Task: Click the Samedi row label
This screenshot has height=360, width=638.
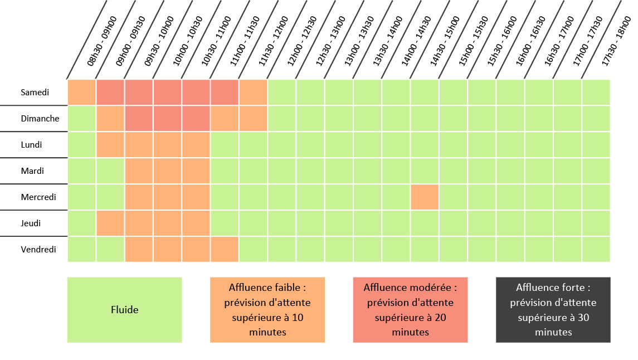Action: (35, 93)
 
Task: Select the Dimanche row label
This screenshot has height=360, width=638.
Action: (40, 119)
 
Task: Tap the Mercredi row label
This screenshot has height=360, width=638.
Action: (38, 197)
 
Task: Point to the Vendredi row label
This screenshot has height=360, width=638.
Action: (38, 250)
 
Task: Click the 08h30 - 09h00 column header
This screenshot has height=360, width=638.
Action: (101, 42)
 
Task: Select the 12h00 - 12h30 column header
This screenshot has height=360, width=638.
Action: (302, 42)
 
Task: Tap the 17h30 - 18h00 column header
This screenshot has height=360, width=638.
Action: (616, 42)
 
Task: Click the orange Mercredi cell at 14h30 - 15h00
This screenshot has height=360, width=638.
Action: (425, 197)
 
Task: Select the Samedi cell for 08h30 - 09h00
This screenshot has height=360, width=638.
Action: (82, 93)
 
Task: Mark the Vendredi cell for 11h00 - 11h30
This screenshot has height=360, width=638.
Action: (225, 250)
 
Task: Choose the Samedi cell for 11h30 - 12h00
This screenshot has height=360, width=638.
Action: (254, 93)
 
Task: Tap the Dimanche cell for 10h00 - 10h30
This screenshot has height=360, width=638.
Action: (168, 119)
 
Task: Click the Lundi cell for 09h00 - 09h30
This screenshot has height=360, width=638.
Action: (110, 145)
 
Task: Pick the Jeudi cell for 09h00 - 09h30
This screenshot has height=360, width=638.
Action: (110, 223)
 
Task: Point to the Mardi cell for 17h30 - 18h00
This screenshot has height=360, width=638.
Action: (596, 171)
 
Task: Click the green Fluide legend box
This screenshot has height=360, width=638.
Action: (124, 310)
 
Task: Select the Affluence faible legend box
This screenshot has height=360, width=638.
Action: (267, 310)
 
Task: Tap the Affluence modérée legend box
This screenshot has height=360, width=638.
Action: (410, 310)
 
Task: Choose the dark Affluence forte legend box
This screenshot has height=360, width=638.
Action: (553, 310)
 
